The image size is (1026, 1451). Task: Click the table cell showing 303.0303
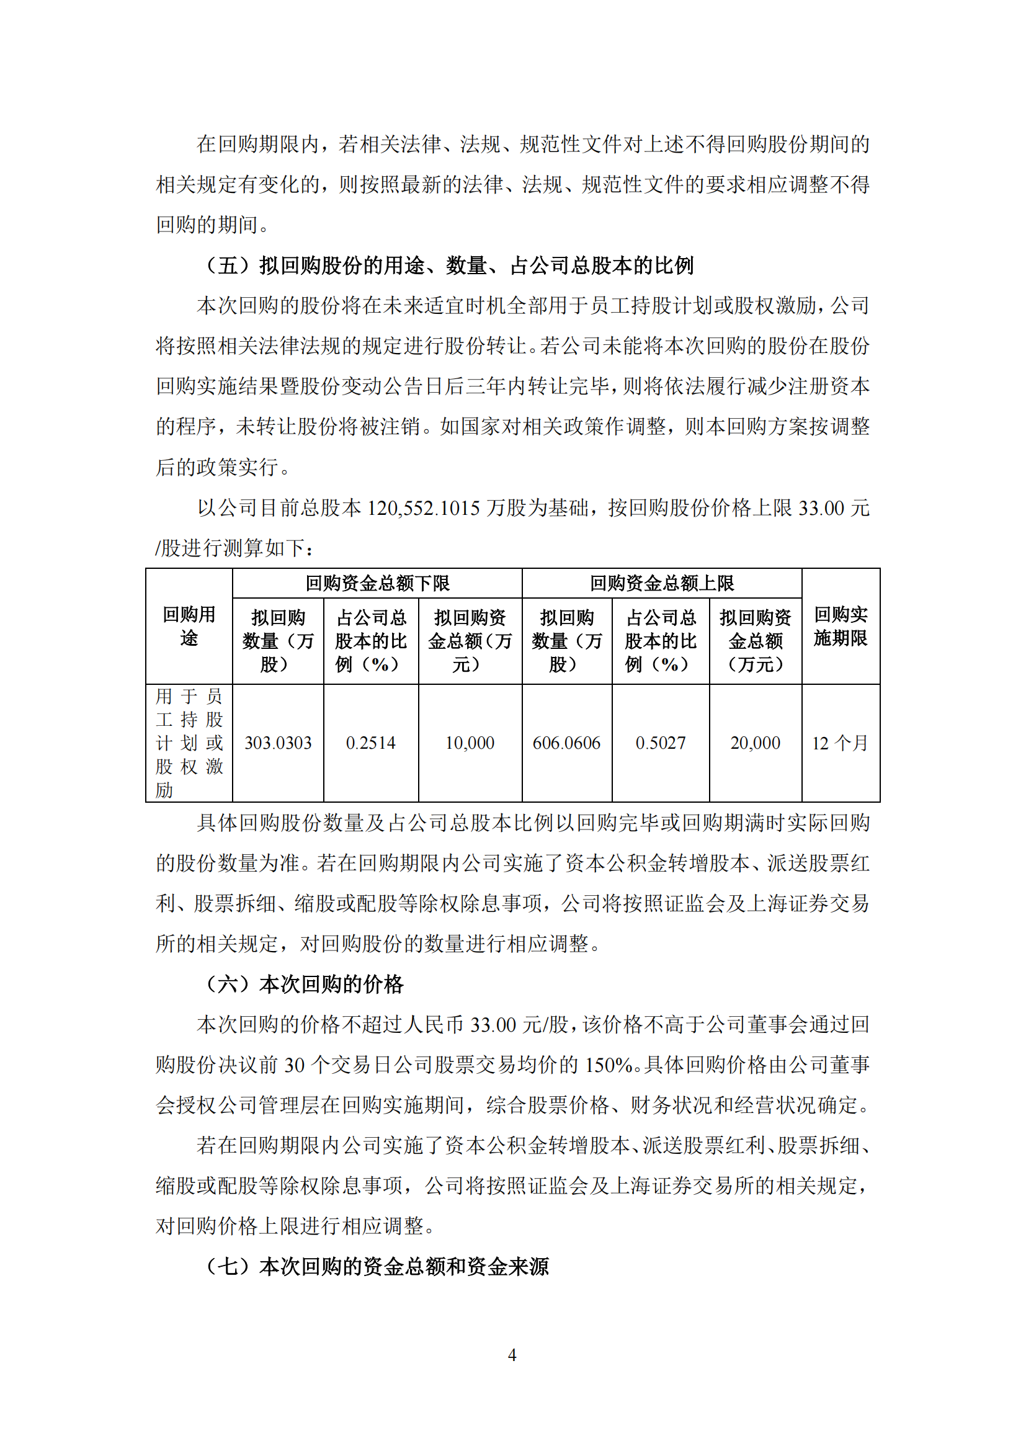278,743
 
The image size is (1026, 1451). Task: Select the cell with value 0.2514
371,743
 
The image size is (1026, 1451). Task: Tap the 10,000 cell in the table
470,743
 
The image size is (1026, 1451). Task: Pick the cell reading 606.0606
567,743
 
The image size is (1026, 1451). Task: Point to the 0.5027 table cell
660,743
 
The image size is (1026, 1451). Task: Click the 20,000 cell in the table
755,743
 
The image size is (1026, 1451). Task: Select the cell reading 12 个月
841,743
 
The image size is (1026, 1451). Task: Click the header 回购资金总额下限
377,583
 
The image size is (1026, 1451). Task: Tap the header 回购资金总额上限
661,583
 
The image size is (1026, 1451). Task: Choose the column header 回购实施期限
841,626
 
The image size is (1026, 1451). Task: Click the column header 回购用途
189,626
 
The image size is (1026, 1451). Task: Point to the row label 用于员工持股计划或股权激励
189,743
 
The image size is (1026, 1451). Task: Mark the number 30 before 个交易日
295,1065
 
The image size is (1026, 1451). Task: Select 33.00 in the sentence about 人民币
493,1024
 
